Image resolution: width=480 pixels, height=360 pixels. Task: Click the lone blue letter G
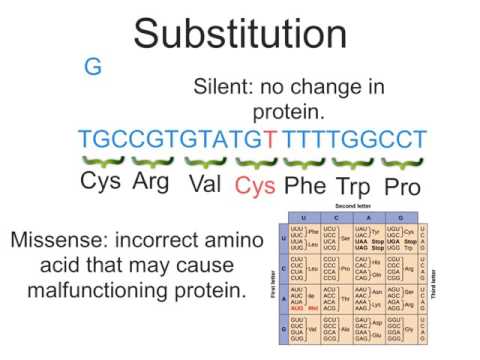click(93, 68)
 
